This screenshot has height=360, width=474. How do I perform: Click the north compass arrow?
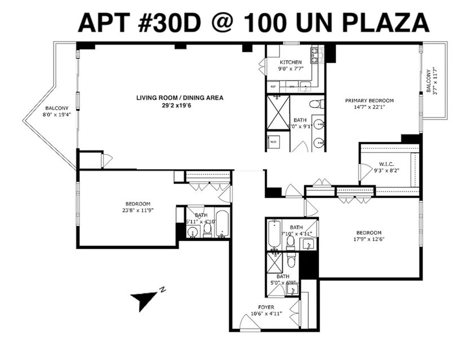[142, 299]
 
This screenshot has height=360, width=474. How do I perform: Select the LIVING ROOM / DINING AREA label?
[179, 98]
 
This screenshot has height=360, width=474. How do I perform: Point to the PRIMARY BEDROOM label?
[370, 100]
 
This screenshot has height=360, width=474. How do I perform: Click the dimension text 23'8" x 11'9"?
[138, 210]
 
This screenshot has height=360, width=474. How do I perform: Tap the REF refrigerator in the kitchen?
[273, 87]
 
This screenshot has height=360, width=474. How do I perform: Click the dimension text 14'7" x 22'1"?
[370, 107]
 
